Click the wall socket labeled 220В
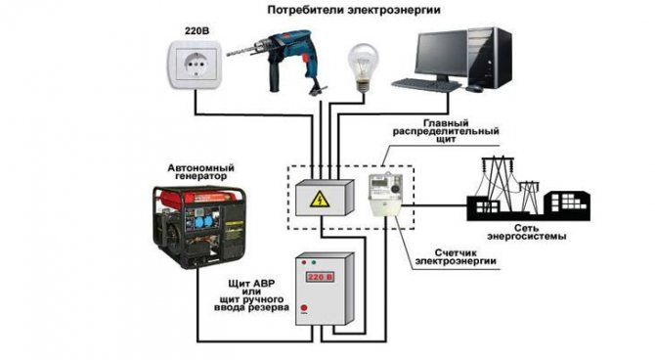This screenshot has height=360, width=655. (196, 64)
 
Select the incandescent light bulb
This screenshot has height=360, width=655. (363, 67)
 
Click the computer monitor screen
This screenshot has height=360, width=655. (441, 54)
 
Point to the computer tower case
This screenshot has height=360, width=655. (490, 58)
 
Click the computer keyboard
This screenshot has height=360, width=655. (426, 85)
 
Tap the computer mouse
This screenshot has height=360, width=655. (474, 88)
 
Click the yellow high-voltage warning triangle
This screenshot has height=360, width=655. (320, 200)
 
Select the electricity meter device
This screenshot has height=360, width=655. (385, 195)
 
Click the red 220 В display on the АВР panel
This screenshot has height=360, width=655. (320, 277)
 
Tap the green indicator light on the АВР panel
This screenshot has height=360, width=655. (314, 262)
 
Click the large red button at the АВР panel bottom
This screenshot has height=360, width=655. (304, 308)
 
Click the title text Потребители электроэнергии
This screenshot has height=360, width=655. (354, 10)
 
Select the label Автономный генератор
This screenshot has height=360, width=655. (201, 172)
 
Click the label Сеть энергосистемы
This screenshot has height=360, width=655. (526, 232)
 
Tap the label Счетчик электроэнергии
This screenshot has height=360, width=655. (456, 257)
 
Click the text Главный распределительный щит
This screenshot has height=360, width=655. (446, 131)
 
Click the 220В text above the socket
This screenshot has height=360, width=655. (196, 31)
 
